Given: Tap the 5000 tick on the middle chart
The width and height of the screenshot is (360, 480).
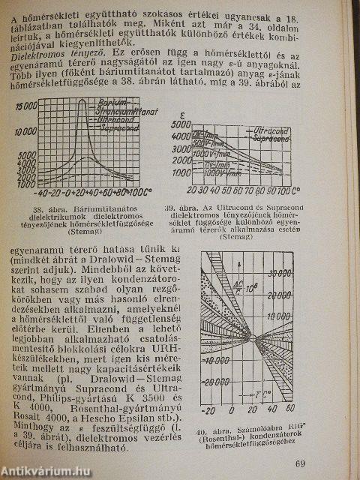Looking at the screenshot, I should pyautogui.click(x=180, y=148).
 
